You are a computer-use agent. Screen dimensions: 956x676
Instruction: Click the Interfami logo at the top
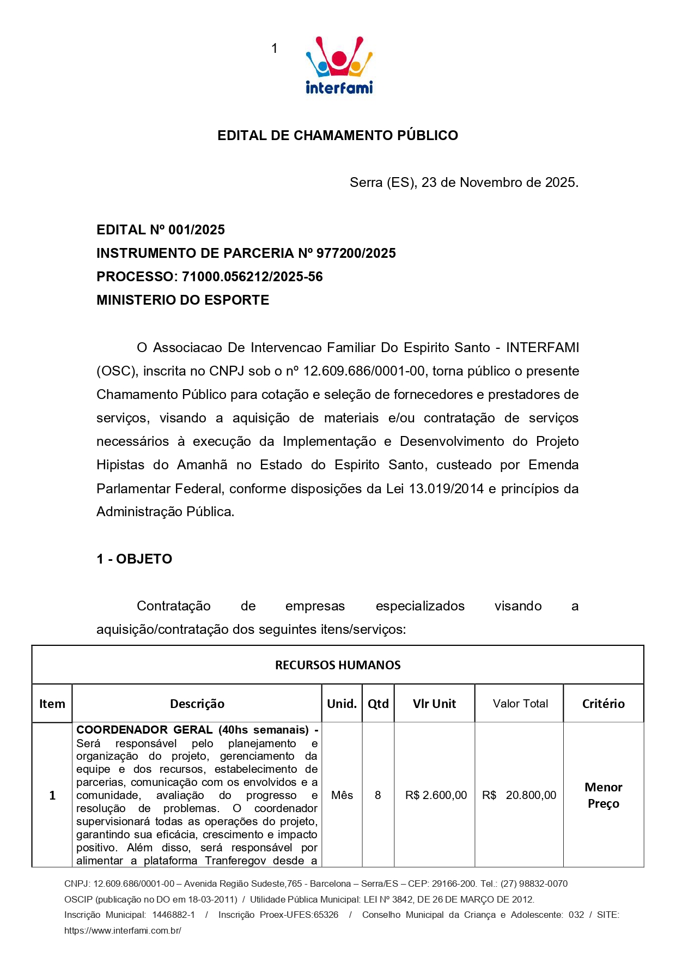pos(339,65)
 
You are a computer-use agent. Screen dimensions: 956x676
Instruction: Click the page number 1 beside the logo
pos(275,49)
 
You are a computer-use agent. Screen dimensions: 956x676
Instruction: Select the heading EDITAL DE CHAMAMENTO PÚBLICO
pos(338,135)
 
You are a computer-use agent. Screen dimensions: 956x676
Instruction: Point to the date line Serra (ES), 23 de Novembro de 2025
pos(464,183)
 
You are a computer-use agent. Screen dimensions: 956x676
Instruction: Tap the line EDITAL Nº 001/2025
pos(161,230)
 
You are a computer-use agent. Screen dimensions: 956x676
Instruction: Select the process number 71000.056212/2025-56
pos(252,277)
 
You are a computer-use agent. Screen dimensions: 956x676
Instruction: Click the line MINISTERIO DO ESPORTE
pos(182,300)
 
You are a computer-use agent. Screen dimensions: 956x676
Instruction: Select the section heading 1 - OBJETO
pos(134,559)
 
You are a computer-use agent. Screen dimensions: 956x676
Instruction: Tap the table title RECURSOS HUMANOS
pos(338,665)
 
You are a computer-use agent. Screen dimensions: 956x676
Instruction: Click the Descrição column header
pos(197,704)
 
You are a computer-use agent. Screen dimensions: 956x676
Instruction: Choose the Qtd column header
pos(378,704)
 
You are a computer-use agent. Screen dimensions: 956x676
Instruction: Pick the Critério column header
pos(603,704)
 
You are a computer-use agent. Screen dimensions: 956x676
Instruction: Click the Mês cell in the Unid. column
pos(342,795)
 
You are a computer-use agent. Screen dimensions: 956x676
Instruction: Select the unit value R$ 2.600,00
pos(436,795)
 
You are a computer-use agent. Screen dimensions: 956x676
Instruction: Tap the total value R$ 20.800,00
pos(519,795)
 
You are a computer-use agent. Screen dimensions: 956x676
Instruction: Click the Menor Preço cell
pos(603,795)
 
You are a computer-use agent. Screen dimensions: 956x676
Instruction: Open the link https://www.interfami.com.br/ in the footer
pos(123,930)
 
